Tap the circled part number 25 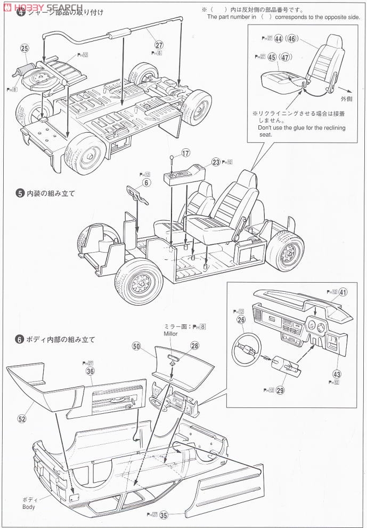[x=24, y=48]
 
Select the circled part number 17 [x=185, y=153]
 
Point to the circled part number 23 [x=215, y=162]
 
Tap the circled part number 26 [x=241, y=320]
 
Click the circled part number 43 [x=338, y=373]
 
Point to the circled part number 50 [x=136, y=347]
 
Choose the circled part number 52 [x=22, y=419]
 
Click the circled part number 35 [x=164, y=515]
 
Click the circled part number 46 [x=291, y=38]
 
